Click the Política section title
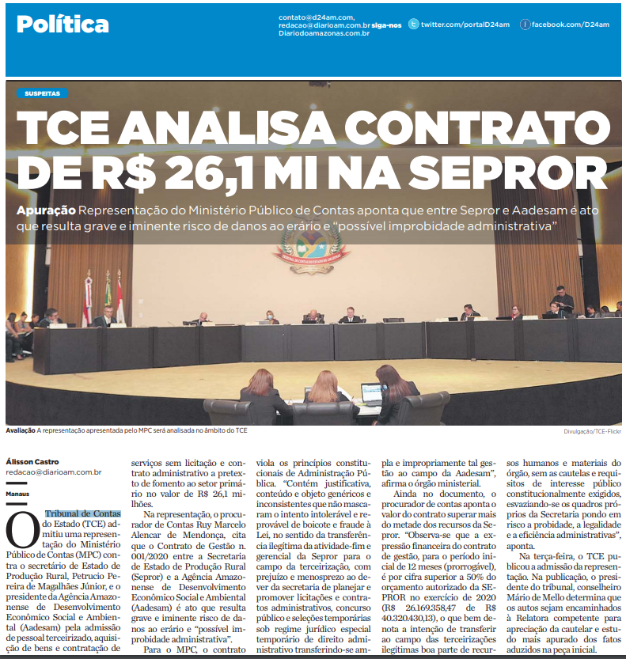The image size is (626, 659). [63, 25]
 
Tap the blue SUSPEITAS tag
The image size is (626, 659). [42, 93]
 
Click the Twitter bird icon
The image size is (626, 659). [414, 25]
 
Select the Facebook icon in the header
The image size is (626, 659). [525, 25]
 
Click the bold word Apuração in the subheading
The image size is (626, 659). [46, 211]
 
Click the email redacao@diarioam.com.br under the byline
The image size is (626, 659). [54, 472]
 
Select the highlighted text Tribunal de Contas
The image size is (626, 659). [82, 514]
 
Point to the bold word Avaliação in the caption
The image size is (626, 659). [21, 430]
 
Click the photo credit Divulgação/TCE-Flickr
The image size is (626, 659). [592, 431]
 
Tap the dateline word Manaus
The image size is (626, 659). [17, 493]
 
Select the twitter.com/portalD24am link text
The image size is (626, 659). [465, 25]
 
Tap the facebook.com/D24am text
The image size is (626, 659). [570, 25]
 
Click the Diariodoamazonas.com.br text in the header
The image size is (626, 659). [324, 33]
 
